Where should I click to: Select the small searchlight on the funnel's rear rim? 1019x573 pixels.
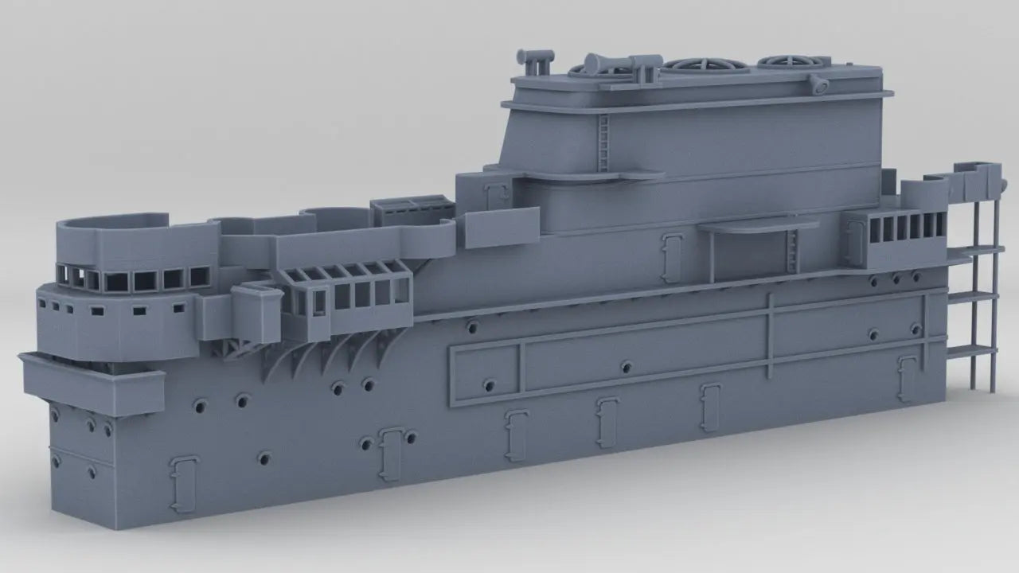pyautogui.click(x=817, y=84)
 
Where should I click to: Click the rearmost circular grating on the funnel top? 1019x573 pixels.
pyautogui.click(x=784, y=61)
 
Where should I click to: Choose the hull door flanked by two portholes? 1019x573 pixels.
pyautogui.click(x=389, y=452)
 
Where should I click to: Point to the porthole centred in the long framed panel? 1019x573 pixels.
pyautogui.click(x=627, y=367)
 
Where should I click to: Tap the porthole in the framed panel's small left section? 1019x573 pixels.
pyautogui.click(x=487, y=386)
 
